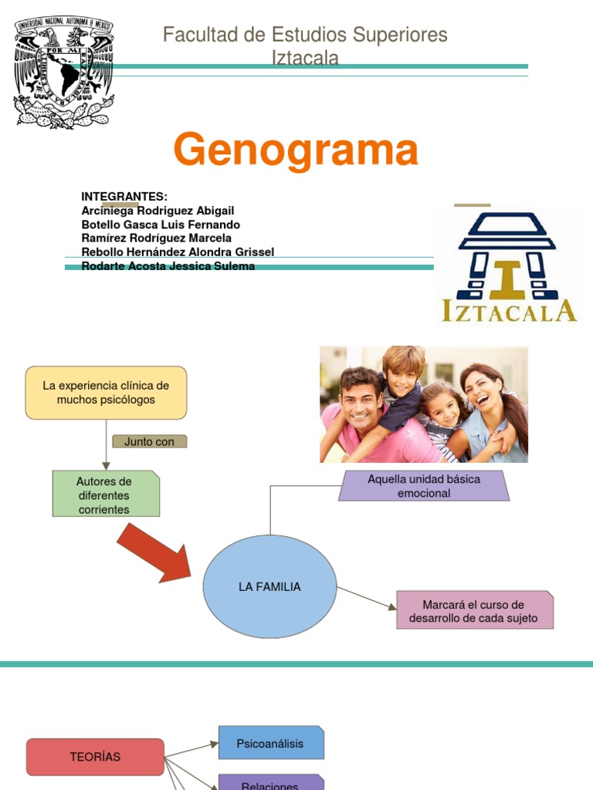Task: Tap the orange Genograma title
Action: [x=296, y=150]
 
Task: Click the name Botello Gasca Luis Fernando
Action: [x=161, y=225]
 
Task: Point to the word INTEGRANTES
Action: [x=124, y=197]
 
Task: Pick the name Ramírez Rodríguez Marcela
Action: [x=156, y=238]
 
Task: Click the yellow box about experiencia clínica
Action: [x=106, y=393]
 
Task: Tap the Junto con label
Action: [x=150, y=441]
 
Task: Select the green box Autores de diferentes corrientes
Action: [x=106, y=494]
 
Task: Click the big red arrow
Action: [x=154, y=552]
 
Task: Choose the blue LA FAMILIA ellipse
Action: [x=269, y=587]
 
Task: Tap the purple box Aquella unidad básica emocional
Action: [x=424, y=486]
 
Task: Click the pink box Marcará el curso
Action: [x=474, y=610]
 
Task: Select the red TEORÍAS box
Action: [x=95, y=757]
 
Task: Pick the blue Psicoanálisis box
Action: [x=271, y=743]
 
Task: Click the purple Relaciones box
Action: [x=270, y=782]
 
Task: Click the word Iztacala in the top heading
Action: [x=305, y=58]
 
